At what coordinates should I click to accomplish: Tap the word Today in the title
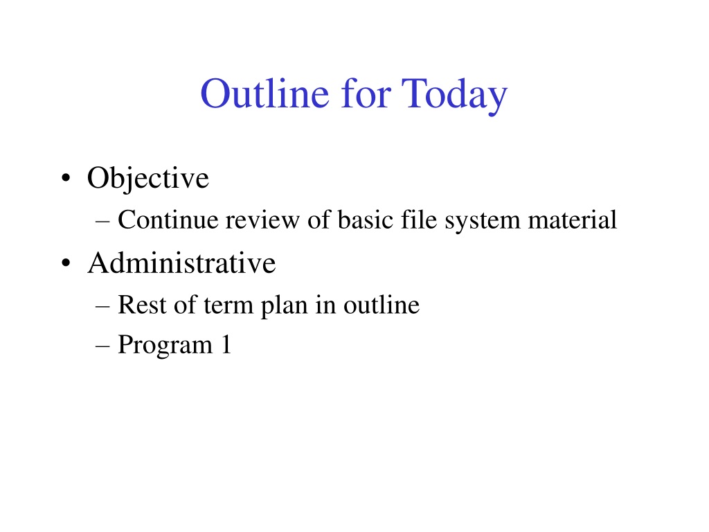454,94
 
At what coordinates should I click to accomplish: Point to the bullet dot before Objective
66,178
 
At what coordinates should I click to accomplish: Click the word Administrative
181,263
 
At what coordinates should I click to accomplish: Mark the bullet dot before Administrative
66,263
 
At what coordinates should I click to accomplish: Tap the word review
262,220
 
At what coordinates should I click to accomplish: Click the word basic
365,220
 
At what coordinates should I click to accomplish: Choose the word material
572,220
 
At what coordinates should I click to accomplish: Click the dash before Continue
102,222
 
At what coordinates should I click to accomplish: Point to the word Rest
142,305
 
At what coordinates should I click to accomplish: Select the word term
228,306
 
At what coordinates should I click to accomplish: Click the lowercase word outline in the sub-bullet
382,305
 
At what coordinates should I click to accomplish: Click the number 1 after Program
226,344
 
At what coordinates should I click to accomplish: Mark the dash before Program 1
102,346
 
